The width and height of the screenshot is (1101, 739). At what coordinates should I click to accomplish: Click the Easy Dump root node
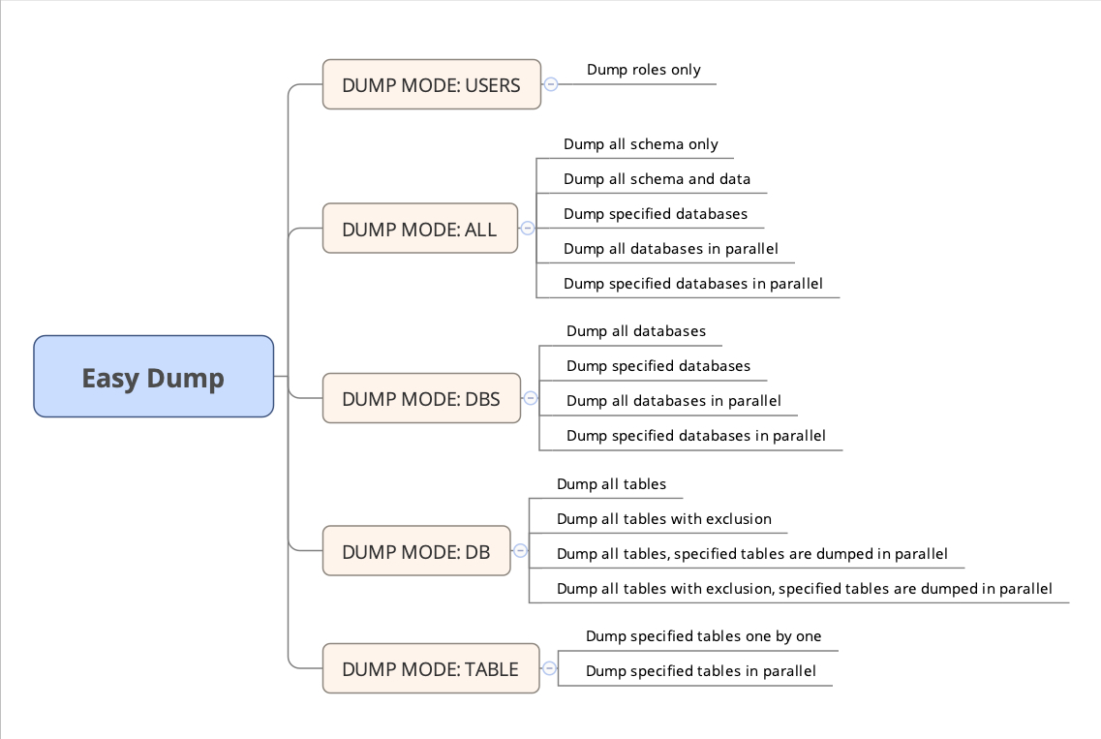153,377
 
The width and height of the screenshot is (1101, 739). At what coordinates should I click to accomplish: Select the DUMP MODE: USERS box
431,84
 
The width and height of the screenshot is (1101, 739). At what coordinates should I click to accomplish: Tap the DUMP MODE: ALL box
419,229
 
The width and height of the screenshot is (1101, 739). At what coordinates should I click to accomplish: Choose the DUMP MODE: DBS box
421,398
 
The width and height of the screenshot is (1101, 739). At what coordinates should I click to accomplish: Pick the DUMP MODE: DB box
416,551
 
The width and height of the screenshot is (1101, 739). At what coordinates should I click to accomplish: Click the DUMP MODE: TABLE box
430,668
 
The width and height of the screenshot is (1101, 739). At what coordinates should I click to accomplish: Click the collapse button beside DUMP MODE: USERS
551,84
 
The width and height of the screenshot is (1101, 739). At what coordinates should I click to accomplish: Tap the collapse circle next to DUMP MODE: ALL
528,229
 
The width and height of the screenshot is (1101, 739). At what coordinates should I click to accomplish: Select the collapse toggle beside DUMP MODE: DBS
531,398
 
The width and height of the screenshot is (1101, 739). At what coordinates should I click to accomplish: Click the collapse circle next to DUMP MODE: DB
520,551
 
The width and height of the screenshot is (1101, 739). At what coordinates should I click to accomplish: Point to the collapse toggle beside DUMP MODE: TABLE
550,668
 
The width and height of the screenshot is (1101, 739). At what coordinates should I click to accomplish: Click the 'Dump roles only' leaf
643,70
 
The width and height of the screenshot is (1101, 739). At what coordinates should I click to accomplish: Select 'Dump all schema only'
640,144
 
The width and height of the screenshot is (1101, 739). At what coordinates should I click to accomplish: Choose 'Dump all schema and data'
657,179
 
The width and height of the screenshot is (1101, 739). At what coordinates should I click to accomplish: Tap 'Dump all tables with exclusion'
663,519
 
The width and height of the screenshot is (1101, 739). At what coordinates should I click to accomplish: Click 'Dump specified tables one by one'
703,636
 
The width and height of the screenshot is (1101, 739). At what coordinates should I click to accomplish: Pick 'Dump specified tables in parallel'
700,671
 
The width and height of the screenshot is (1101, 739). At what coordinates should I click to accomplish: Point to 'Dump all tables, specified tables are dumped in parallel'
751,554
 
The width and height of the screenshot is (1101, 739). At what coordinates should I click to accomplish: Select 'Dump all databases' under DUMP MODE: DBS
635,331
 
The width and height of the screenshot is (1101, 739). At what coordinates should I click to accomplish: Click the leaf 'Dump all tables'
611,484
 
